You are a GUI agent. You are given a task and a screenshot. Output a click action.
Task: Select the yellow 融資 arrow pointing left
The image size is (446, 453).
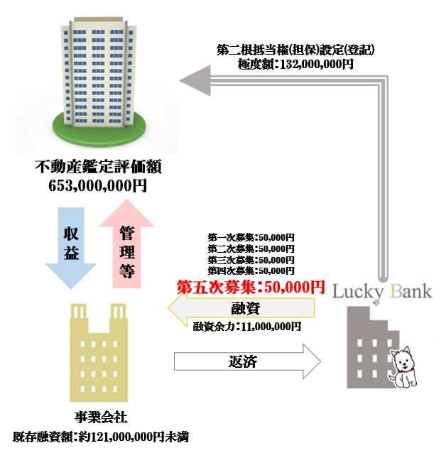241,307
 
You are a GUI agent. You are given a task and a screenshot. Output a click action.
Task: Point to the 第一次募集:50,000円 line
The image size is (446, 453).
251,237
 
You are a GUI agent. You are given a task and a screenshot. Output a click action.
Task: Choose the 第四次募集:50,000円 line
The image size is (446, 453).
251,271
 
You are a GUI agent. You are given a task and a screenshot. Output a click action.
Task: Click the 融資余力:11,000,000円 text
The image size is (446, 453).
246,327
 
